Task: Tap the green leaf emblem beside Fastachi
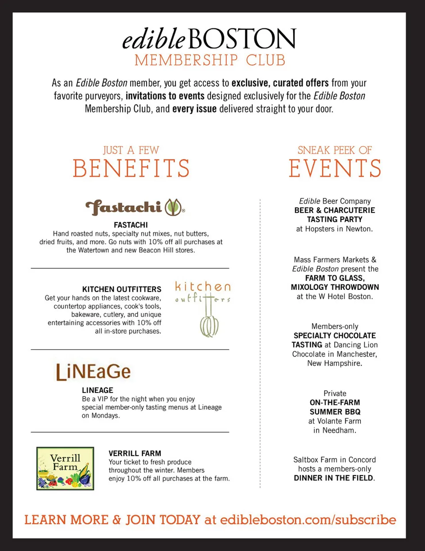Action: pyautogui.click(x=174, y=207)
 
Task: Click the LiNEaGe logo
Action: pyautogui.click(x=93, y=372)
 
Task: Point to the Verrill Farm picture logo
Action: pyautogui.click(x=65, y=468)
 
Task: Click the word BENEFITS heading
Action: pyautogui.click(x=131, y=169)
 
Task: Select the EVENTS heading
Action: pyautogui.click(x=335, y=169)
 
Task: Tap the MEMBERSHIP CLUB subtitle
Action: pyautogui.click(x=210, y=60)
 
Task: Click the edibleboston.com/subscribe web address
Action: pyautogui.click(x=308, y=520)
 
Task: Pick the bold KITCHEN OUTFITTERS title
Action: pyautogui.click(x=122, y=289)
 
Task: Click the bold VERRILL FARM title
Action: pyautogui.click(x=135, y=454)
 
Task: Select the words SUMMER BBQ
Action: pyautogui.click(x=335, y=412)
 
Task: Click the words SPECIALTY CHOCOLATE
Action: pyautogui.click(x=335, y=335)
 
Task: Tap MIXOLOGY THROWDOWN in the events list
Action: pyautogui.click(x=335, y=287)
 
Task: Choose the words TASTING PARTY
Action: pyautogui.click(x=335, y=220)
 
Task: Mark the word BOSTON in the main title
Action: pyautogui.click(x=243, y=39)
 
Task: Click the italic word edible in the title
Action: pyautogui.click(x=154, y=39)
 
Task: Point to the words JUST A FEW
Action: pyautogui.click(x=131, y=150)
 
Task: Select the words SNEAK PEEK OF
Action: pyautogui.click(x=335, y=150)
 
